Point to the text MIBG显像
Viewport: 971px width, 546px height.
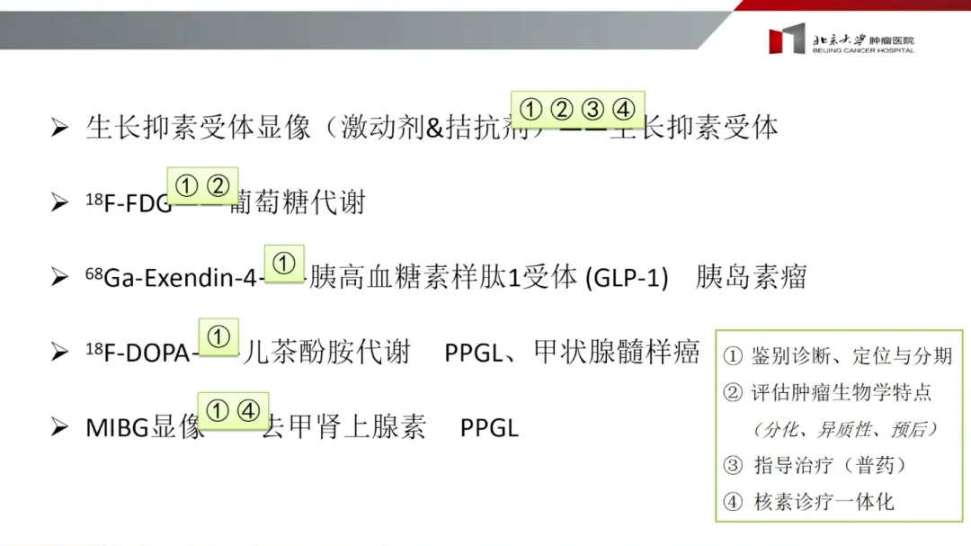coord(145,427)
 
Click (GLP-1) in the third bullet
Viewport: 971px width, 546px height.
coord(627,277)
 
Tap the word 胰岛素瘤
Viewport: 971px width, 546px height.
coord(751,277)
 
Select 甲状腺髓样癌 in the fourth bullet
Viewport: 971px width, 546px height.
coord(616,352)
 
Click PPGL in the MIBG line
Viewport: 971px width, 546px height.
coord(489,427)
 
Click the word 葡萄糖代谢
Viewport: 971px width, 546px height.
coord(298,202)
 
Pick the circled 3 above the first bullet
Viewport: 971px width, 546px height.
coord(592,110)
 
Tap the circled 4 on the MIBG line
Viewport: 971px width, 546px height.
coord(249,411)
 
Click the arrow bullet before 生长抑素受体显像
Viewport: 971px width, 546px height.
coord(60,128)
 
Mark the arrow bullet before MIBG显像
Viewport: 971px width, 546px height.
coord(60,427)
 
